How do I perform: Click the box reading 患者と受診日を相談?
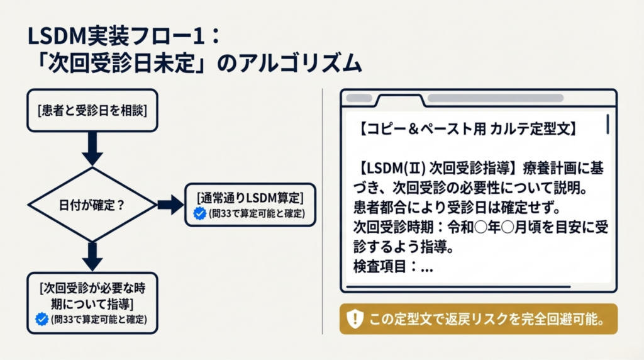pos(92,111)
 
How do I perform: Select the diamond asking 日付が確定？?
pos(92,205)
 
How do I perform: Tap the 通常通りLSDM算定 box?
pos(250,205)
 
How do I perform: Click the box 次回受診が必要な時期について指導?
pos(92,303)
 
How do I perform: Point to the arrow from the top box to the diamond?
pos(92,149)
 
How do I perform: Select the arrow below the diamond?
pos(92,257)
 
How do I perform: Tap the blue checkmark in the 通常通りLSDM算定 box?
pos(199,213)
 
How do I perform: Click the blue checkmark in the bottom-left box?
pos(42,319)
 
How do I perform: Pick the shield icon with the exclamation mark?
pos(355,319)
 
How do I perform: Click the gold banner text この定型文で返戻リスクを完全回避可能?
pos(487,319)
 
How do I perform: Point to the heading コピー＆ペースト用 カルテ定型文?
pos(467,129)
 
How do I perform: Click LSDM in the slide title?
pos(57,36)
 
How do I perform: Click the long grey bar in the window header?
pos(496,98)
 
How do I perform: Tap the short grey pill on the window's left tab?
pos(359,98)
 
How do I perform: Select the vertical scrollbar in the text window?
pos(608,124)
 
